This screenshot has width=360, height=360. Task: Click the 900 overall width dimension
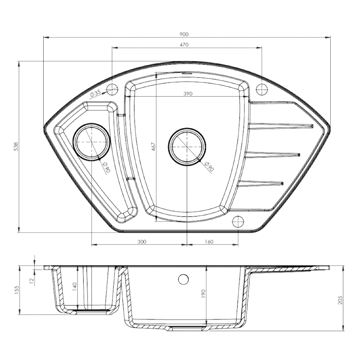[x=184, y=34]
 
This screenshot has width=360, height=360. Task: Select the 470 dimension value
[x=184, y=45]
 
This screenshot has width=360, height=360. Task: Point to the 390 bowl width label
[x=188, y=94]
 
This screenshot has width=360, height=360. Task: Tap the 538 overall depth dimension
[x=16, y=147]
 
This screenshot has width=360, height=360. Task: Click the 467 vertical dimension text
[x=153, y=147]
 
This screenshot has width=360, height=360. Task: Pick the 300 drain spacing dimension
[x=142, y=242]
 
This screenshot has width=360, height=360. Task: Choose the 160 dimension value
[x=209, y=242]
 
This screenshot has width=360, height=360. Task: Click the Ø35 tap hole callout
[x=95, y=94]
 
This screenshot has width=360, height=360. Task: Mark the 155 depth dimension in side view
[x=16, y=290]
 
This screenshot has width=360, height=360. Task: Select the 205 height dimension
[x=340, y=300]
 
